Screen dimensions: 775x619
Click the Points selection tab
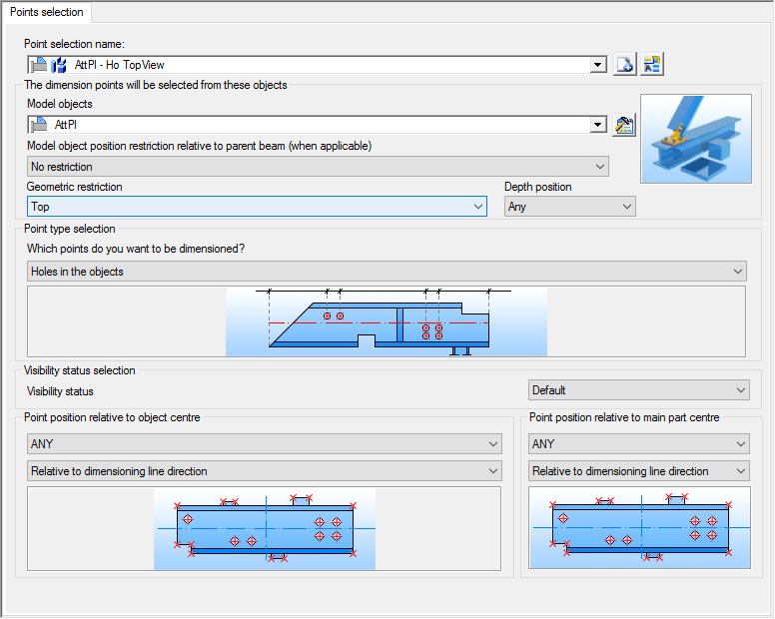(x=47, y=12)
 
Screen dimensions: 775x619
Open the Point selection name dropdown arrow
(x=598, y=65)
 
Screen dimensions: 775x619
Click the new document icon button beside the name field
(x=625, y=64)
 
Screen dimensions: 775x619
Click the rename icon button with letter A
(x=652, y=64)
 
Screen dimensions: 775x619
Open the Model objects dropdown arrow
(x=598, y=125)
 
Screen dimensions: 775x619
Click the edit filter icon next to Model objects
(x=624, y=125)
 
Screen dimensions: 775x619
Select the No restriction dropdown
(x=318, y=167)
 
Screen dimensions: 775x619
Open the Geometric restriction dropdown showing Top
(x=257, y=207)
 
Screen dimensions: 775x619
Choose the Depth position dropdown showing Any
(x=570, y=207)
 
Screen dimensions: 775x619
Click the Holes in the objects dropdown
(x=387, y=272)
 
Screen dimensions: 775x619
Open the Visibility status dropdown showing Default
(x=638, y=390)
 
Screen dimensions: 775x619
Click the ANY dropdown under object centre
(x=265, y=443)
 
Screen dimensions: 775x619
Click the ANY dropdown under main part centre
(x=638, y=443)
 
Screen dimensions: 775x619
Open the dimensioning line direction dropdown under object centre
(x=265, y=471)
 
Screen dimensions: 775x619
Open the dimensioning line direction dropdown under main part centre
(x=638, y=471)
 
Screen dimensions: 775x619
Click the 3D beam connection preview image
(x=696, y=139)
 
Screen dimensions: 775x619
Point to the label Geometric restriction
(x=75, y=187)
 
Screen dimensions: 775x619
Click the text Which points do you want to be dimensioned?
(x=136, y=249)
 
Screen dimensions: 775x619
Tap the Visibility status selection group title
(x=80, y=370)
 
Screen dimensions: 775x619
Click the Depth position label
(x=537, y=187)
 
